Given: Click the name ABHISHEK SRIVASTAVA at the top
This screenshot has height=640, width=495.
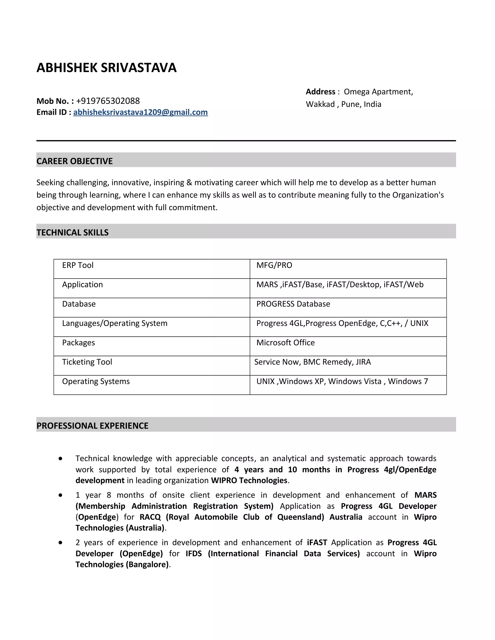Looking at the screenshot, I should click(x=106, y=68).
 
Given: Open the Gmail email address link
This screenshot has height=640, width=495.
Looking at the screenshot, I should click(x=140, y=112).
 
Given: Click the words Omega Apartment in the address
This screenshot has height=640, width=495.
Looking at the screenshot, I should click(x=378, y=92).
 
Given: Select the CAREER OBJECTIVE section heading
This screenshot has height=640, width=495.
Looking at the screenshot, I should click(x=74, y=161).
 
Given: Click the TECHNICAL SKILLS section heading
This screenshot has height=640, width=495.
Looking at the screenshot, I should click(x=73, y=232).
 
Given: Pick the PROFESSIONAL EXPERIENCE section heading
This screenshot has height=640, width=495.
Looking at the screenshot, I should click(x=92, y=426).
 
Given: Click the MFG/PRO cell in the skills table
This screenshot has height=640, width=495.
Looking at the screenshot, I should click(x=274, y=265).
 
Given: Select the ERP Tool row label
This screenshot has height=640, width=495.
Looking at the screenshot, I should click(x=78, y=265).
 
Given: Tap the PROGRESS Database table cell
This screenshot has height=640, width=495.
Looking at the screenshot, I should click(x=293, y=304).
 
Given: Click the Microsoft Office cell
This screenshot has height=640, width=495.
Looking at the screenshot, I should click(x=285, y=342).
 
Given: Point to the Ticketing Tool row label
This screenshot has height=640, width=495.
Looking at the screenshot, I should click(x=87, y=362).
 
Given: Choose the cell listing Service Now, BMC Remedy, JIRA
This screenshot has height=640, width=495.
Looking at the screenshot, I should click(x=312, y=362).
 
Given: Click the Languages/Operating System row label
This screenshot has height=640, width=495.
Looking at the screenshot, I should click(x=115, y=323).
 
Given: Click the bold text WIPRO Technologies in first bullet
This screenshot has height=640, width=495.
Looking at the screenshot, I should click(x=249, y=480).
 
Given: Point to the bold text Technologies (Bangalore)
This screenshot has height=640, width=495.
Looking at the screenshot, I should click(x=122, y=564).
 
